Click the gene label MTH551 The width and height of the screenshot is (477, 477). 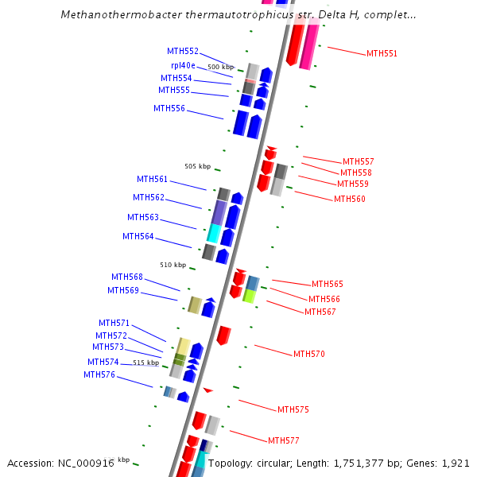[382, 53]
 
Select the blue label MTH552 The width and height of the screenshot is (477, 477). [183, 51]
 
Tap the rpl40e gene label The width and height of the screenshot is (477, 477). [183, 65]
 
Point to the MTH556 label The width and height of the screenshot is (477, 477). [169, 108]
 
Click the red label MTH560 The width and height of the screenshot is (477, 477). [350, 199]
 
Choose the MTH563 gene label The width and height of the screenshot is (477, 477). [143, 217]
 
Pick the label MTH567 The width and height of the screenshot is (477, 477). [320, 312]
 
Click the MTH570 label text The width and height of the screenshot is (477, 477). [309, 354]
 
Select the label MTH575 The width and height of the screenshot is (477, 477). [293, 409]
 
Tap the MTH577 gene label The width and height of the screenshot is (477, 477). [284, 440]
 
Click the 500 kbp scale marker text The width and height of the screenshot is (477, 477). [221, 67]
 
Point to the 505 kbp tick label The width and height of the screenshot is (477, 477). [197, 166]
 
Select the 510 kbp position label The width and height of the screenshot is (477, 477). [173, 265]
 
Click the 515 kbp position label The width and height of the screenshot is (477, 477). [145, 363]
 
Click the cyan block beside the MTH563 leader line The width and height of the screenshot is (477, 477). [213, 233]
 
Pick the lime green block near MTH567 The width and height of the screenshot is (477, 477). [249, 297]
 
